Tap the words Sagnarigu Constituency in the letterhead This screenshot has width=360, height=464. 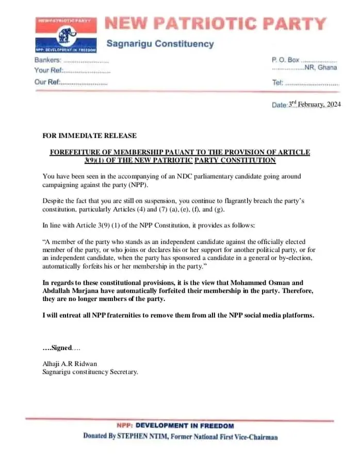coord(160,44)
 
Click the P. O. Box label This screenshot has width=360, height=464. coord(285,60)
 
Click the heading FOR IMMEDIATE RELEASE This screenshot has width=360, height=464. coord(89,136)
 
